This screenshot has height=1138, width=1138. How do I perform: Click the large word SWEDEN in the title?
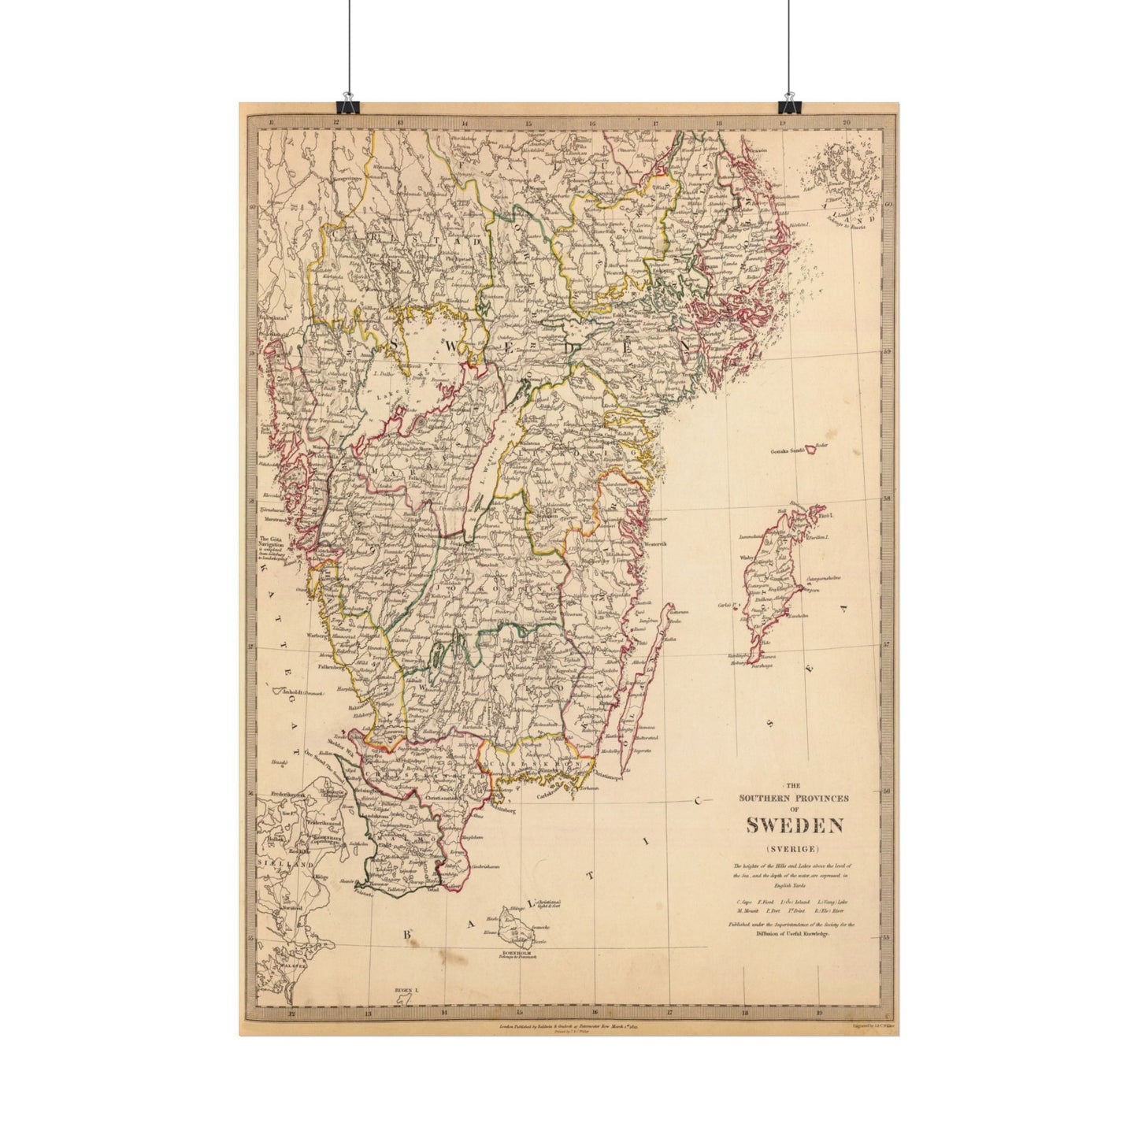[795, 825]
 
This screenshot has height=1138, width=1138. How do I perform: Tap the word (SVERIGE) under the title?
[795, 848]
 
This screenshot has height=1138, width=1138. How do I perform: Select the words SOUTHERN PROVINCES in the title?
[795, 798]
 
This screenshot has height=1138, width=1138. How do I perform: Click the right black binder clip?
[788, 105]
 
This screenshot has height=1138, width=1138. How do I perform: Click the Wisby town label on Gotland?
[747, 558]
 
